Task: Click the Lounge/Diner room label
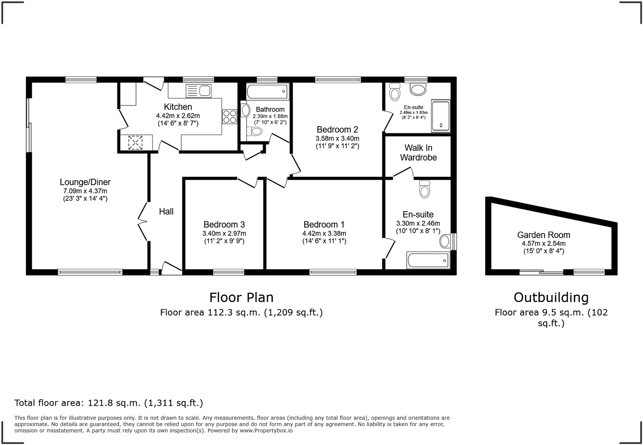click(85, 182)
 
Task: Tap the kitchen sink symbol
click(198, 91)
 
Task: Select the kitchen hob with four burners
click(230, 116)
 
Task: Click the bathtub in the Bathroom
click(267, 91)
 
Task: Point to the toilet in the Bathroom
click(255, 132)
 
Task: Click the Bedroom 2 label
click(337, 129)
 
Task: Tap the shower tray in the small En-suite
click(441, 116)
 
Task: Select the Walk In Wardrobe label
click(418, 153)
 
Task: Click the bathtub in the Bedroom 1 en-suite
click(428, 260)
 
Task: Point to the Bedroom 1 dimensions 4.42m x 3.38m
click(324, 233)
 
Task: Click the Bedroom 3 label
click(224, 224)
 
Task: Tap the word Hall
click(166, 212)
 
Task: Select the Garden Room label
click(544, 235)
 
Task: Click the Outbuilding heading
click(551, 297)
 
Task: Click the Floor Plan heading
click(241, 297)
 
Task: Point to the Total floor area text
click(108, 403)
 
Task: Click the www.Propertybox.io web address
click(266, 431)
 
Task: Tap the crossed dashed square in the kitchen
click(135, 143)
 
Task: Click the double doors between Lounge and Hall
click(142, 221)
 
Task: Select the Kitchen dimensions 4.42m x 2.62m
click(178, 116)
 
